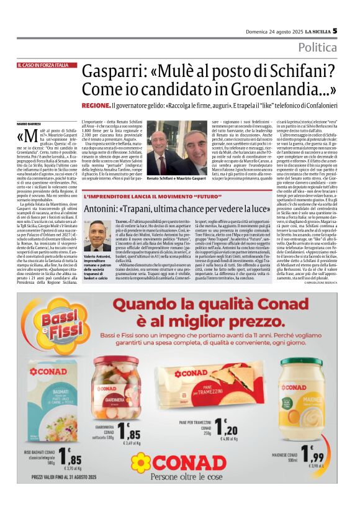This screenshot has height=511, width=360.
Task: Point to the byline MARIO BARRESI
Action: [x=29, y=125]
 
